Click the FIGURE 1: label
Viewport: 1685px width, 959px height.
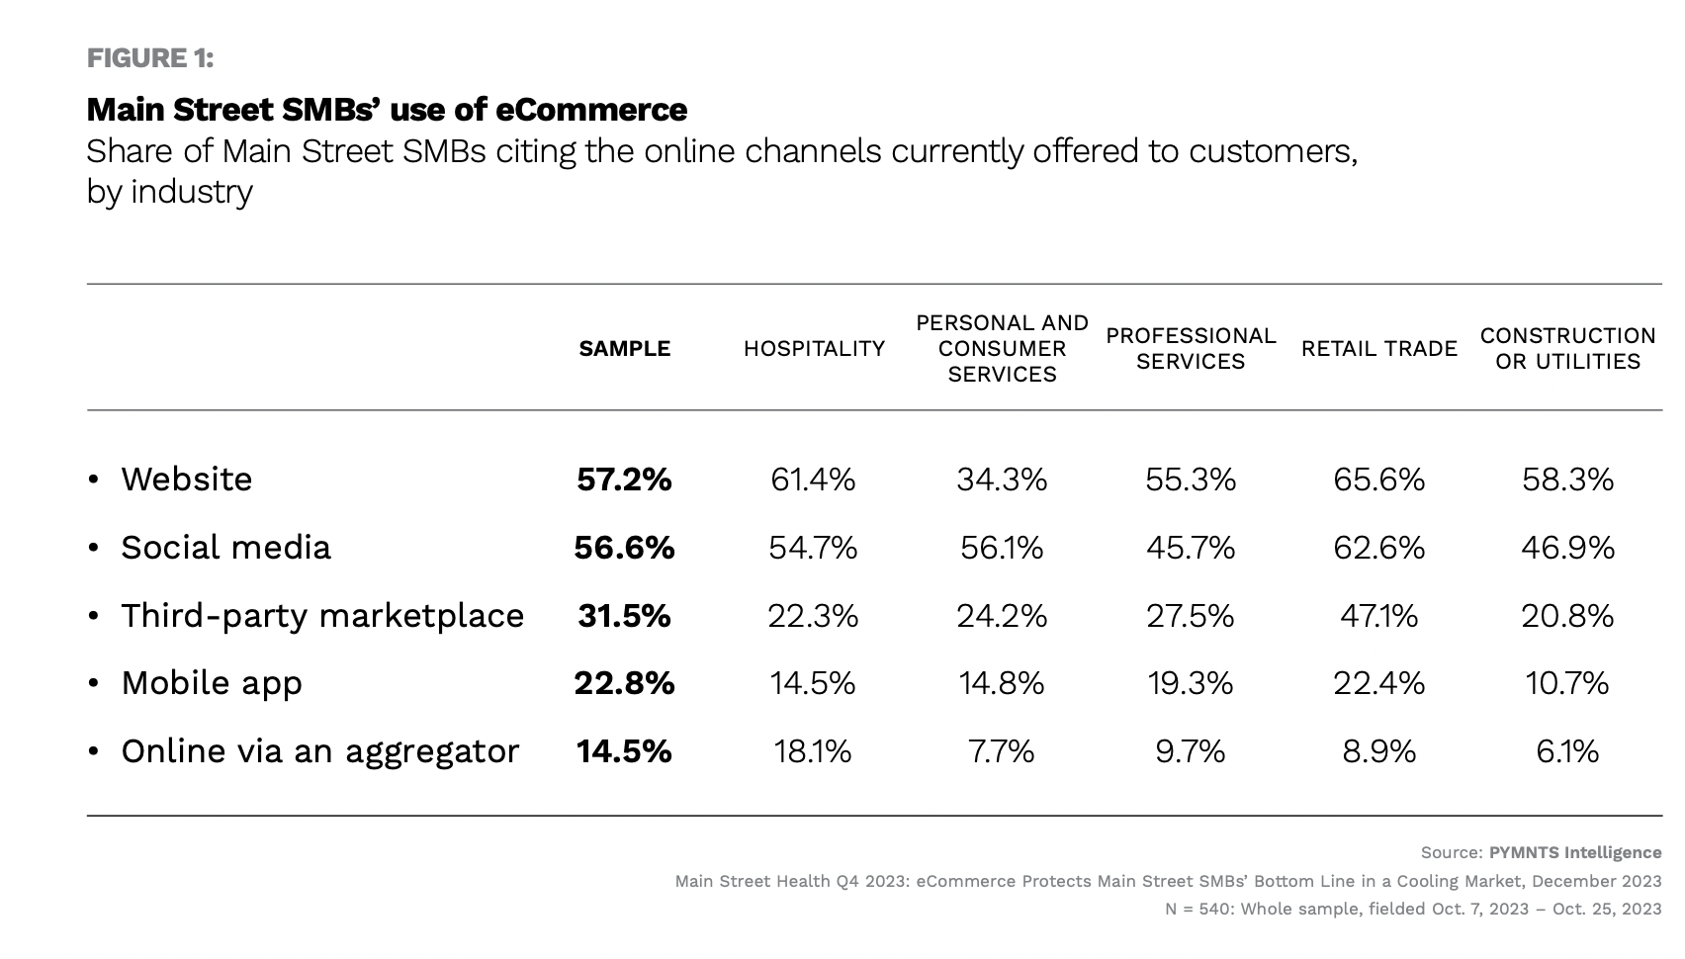click(150, 58)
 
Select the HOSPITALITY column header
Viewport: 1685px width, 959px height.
click(814, 349)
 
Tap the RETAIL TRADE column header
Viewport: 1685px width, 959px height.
click(1378, 349)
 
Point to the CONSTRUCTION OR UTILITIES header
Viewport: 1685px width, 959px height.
click(1567, 349)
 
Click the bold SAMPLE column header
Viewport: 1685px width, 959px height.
click(624, 349)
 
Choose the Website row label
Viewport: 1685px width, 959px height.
click(186, 479)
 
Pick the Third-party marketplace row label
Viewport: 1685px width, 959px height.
click(322, 616)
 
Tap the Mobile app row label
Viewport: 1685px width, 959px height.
click(212, 683)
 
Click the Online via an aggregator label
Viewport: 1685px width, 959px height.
click(319, 751)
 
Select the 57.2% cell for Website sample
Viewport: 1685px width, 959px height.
click(624, 479)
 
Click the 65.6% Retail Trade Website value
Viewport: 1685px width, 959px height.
click(1378, 479)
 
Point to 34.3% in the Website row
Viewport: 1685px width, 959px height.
click(1001, 479)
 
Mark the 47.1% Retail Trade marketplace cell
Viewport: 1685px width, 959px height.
click(1378, 616)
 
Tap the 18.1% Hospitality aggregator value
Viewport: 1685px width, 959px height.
click(813, 751)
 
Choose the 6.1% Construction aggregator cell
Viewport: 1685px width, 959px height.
click(1567, 751)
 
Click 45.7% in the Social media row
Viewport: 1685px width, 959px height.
click(1191, 548)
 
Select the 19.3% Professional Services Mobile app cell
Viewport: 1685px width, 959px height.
click(1191, 683)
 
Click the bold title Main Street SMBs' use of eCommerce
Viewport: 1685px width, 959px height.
click(387, 109)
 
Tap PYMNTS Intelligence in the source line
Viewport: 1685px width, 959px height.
click(1574, 852)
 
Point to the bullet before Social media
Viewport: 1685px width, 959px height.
click(93, 548)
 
